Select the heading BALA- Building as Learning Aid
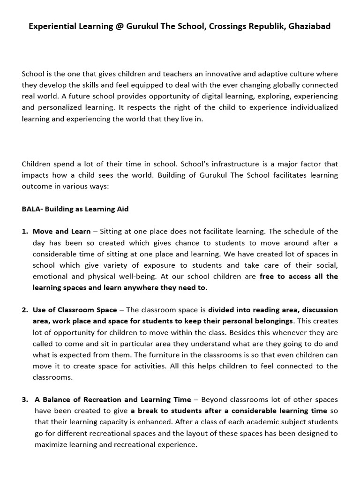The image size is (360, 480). click(75, 209)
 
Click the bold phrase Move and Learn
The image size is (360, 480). click(61, 232)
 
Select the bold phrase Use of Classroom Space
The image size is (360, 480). click(75, 310)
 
